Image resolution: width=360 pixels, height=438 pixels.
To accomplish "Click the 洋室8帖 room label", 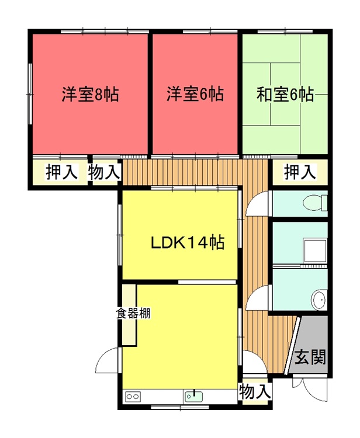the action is [x=90, y=95].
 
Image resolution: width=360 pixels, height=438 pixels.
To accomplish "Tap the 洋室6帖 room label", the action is [x=195, y=94].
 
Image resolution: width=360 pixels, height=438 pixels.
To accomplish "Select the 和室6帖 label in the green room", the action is [x=285, y=95].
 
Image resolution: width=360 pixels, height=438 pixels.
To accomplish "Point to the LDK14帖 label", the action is [x=188, y=242].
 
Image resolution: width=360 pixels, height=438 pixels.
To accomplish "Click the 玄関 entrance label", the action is [x=310, y=357].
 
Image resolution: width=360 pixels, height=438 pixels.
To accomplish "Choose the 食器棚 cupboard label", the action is [x=133, y=313].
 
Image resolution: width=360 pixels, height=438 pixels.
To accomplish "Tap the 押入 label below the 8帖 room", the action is [x=62, y=172].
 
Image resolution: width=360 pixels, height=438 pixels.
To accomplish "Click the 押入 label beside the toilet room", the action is [x=300, y=172].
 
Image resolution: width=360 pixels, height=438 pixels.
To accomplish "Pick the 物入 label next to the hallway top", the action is [x=104, y=172].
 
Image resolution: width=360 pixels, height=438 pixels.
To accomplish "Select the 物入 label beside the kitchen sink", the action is [x=255, y=391].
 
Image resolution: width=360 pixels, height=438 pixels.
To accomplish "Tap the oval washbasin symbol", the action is [x=320, y=300].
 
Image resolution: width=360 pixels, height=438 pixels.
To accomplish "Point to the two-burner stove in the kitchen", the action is [x=133, y=397].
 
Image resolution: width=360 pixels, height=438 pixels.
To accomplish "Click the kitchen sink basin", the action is [x=193, y=397].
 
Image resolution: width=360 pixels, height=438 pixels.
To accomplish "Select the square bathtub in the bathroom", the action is [x=315, y=251].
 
